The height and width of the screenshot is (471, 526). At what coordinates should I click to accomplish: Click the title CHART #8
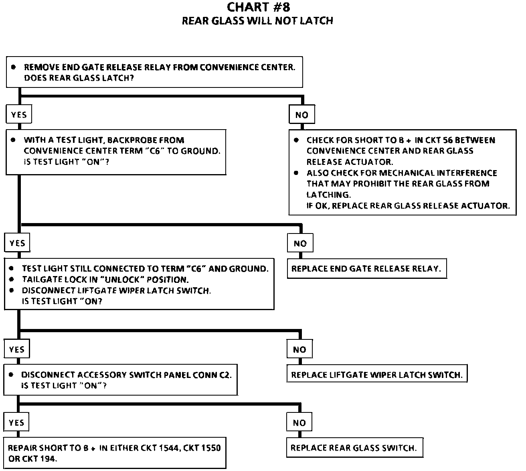point(258,7)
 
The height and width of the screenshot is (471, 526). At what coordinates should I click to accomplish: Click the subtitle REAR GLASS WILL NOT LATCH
point(257,21)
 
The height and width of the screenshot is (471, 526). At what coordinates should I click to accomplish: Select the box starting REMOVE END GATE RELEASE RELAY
point(154,72)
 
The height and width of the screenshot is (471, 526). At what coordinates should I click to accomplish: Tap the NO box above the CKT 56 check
point(301,115)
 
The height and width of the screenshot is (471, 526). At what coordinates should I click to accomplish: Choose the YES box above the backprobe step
point(19,115)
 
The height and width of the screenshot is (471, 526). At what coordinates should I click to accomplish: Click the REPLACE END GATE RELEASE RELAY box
point(366,269)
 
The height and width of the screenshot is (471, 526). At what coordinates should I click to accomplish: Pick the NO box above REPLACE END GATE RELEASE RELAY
point(300,244)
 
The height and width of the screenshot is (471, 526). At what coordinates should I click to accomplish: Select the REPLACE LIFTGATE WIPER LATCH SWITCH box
point(376,375)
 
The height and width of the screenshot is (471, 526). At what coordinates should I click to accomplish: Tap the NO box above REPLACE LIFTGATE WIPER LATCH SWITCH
point(299,349)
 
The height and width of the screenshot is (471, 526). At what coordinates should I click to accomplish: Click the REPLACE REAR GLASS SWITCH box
point(354,448)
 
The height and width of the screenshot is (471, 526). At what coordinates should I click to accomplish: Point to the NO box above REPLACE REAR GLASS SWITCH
point(299,423)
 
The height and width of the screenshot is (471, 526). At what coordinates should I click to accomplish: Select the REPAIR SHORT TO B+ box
point(115,453)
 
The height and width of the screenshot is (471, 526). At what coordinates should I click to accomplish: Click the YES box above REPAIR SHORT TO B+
point(16,423)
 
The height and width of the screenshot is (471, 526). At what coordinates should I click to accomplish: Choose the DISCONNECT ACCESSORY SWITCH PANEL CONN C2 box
point(120,380)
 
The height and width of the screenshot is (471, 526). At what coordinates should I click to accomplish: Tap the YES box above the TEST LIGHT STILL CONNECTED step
point(17,244)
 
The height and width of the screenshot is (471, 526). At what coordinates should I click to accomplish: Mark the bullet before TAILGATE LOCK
point(12,279)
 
